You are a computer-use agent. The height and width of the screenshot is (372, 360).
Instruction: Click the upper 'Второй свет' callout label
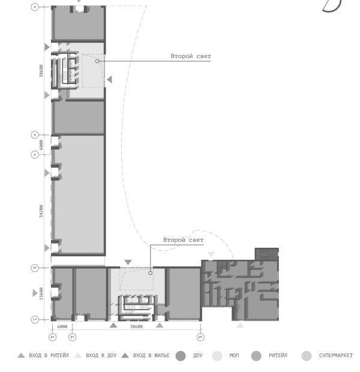[x=191, y=56]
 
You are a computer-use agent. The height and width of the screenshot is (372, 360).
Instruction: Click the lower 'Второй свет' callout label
[x=184, y=240]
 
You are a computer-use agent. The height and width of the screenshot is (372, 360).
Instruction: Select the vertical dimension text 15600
[x=41, y=293]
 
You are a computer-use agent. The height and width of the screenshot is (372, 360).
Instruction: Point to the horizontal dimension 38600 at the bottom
[x=137, y=326]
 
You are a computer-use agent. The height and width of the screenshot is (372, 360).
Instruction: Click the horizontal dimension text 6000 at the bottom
[x=62, y=326]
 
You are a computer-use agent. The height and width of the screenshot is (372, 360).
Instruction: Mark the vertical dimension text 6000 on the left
[x=41, y=145]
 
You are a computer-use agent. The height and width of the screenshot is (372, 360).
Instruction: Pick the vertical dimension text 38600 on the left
[x=41, y=71]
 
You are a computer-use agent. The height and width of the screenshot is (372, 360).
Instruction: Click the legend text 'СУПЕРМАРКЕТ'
[x=336, y=355]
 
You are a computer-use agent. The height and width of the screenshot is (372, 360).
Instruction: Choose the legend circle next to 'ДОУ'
[x=181, y=356]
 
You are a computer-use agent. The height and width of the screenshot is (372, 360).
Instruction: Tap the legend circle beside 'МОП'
[x=217, y=356]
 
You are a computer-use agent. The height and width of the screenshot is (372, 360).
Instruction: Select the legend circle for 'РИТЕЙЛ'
[x=256, y=356]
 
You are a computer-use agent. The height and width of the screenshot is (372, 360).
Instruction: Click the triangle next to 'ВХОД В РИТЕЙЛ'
[x=22, y=355]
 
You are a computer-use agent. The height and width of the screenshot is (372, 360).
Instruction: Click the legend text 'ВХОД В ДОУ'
[x=101, y=355]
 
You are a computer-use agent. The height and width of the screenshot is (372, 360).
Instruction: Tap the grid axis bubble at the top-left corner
[x=35, y=7]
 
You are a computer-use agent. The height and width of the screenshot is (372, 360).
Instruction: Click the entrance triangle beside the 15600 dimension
[x=35, y=293]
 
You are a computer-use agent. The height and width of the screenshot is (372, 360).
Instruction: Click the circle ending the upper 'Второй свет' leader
[x=97, y=61]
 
